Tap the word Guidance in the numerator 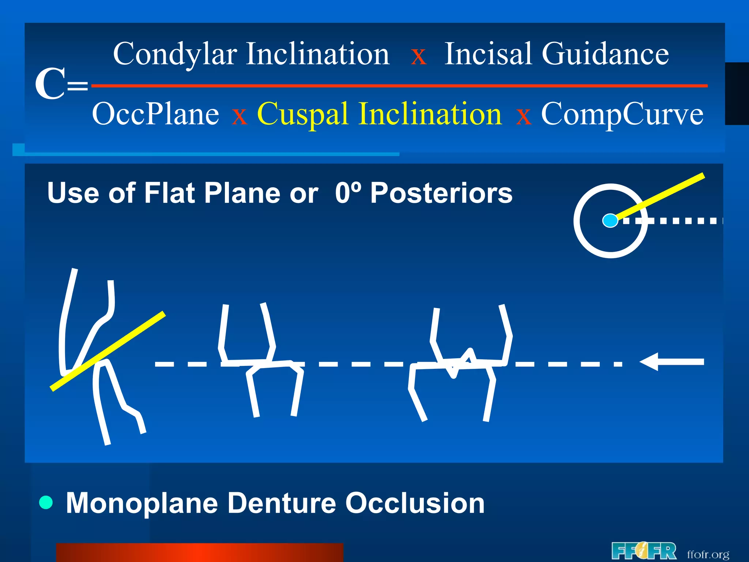pyautogui.click(x=605, y=54)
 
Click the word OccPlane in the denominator pyautogui.click(x=155, y=114)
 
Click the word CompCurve pyautogui.click(x=622, y=114)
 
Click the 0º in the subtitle pyautogui.click(x=348, y=193)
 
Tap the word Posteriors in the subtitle pyautogui.click(x=441, y=193)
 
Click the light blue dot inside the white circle pyautogui.click(x=610, y=221)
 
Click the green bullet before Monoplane pyautogui.click(x=46, y=502)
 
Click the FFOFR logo pyautogui.click(x=644, y=551)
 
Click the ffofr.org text pyautogui.click(x=708, y=554)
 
